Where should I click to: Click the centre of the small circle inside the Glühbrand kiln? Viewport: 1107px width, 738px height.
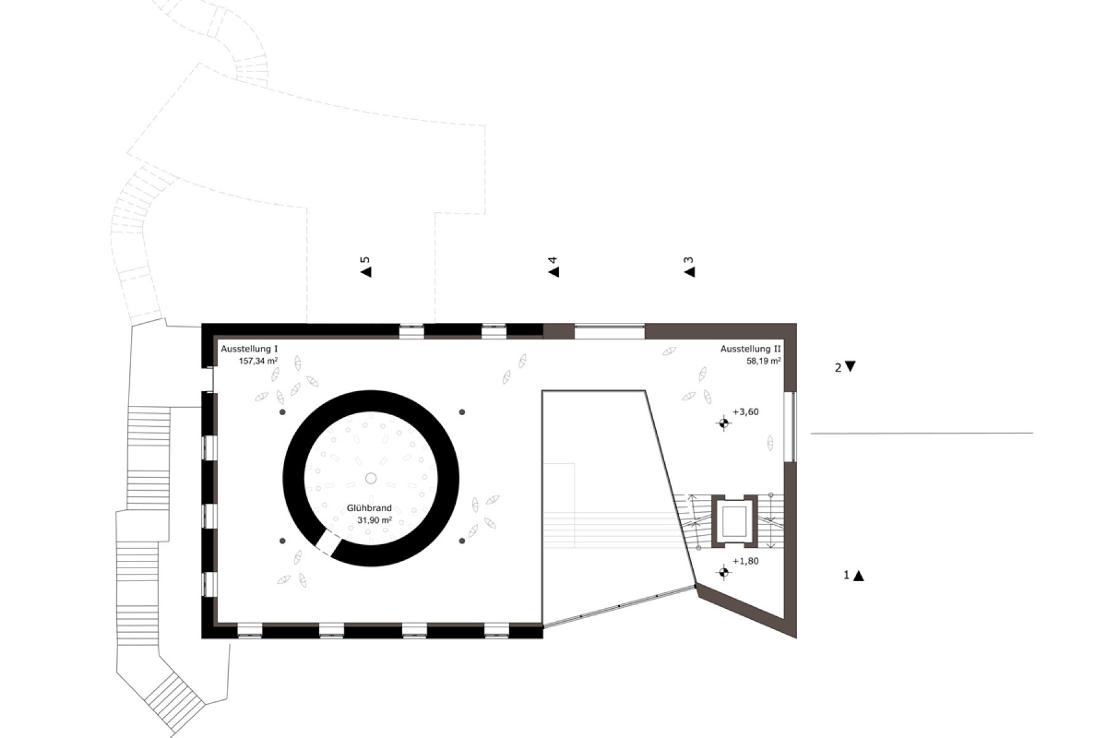tap(371, 478)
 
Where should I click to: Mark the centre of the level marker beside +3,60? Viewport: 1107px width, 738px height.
tap(724, 423)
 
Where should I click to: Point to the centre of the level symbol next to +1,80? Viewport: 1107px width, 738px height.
tap(724, 573)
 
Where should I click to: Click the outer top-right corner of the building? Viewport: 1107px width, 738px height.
tap(796, 323)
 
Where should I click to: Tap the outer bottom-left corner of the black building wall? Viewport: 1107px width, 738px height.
tap(202, 638)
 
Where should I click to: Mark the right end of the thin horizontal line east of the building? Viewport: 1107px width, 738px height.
tap(1033, 433)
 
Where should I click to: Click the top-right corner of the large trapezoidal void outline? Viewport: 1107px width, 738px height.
tap(645, 390)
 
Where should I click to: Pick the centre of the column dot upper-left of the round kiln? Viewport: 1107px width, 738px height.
tap(282, 412)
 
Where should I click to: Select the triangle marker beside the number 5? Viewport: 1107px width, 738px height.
tap(366, 271)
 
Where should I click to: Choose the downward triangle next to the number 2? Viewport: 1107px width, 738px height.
tap(850, 366)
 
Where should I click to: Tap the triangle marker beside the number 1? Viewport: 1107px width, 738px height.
tap(859, 576)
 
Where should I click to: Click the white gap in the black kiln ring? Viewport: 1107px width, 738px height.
tap(327, 544)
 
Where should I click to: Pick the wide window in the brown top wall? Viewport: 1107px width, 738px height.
tap(609, 332)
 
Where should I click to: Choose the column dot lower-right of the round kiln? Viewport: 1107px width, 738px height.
tap(461, 541)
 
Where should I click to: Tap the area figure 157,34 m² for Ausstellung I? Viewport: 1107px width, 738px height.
tap(258, 361)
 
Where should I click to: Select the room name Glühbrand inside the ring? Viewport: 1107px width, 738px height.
tap(369, 509)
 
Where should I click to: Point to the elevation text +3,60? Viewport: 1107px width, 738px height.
tap(746, 412)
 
